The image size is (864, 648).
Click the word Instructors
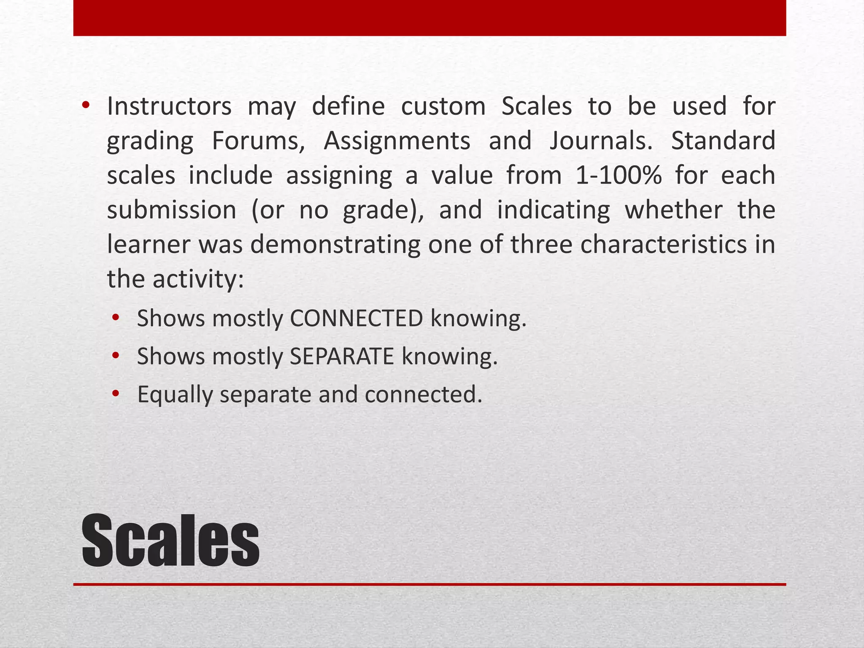tap(169, 106)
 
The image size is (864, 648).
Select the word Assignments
tap(397, 141)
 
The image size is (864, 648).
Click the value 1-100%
tap(618, 175)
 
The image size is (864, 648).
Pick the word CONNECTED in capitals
tap(356, 319)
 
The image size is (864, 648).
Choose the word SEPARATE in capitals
tap(342, 356)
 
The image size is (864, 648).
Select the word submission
tap(172, 210)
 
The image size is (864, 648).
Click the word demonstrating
tap(335, 245)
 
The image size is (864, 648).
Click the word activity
tap(198, 279)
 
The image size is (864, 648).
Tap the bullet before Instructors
tap(86, 105)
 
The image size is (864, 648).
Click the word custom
tap(443, 106)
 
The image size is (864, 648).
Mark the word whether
tap(673, 210)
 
